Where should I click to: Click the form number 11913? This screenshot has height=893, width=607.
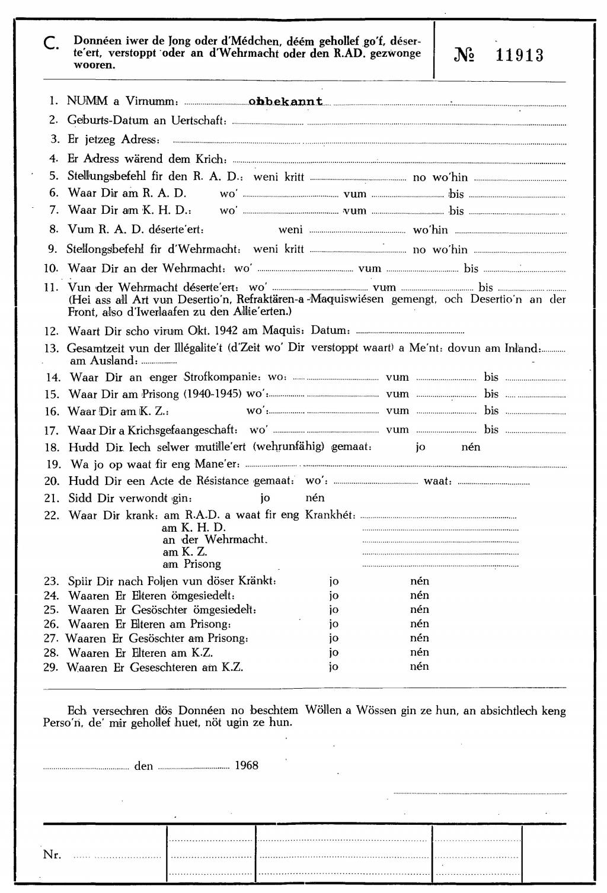tap(519, 56)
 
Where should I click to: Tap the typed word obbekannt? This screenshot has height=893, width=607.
tap(286, 101)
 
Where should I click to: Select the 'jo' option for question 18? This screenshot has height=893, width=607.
tap(420, 447)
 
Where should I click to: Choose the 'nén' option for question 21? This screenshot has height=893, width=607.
tap(315, 498)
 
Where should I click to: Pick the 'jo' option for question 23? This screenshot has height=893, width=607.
tap(334, 581)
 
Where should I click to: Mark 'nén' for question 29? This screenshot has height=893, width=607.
tap(419, 667)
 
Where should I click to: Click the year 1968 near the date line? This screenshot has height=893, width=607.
tap(247, 765)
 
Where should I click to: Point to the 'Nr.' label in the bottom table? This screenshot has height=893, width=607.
tap(52, 855)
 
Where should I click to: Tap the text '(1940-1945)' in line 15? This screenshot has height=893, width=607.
tap(213, 394)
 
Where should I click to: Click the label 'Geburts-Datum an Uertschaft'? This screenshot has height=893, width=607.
tap(146, 120)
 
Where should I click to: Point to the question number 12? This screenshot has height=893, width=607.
tap(52, 332)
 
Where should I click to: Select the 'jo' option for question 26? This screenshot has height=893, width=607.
tap(334, 624)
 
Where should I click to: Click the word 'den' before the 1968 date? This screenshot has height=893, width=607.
tap(143, 766)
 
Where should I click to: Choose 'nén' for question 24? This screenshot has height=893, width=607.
tap(419, 595)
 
